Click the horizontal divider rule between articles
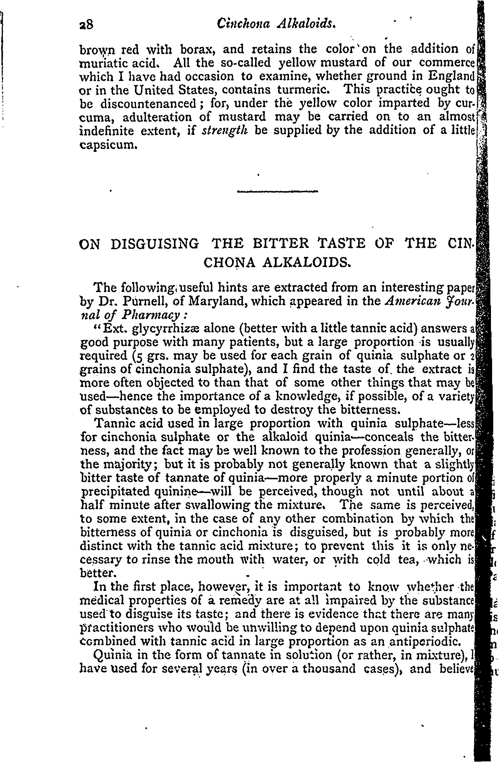click(x=277, y=192)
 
